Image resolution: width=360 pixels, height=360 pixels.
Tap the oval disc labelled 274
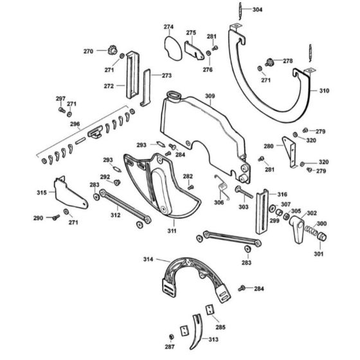[170, 45]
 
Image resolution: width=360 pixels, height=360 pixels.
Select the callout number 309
[210, 96]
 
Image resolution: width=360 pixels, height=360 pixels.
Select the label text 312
[116, 215]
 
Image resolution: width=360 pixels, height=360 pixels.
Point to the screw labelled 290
[56, 218]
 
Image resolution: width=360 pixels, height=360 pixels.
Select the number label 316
[283, 194]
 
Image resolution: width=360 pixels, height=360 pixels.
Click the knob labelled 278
[271, 62]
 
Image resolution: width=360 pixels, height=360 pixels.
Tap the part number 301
[319, 253]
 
